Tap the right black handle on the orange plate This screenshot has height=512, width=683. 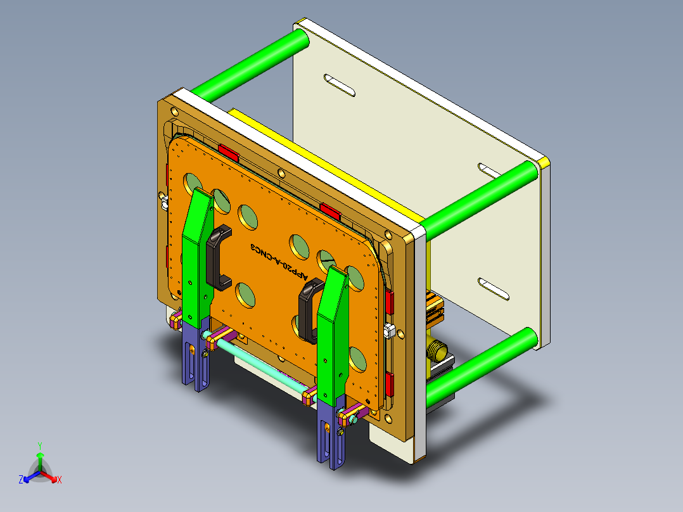tap(310, 310)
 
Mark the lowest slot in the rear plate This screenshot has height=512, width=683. tap(494, 288)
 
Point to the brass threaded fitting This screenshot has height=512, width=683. tap(437, 348)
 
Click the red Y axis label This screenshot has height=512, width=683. tap(40, 445)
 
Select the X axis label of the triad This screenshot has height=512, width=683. tap(60, 480)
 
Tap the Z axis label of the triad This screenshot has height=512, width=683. tap(21, 480)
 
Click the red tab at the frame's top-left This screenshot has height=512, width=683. tap(227, 153)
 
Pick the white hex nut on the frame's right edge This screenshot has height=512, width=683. tap(389, 330)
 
